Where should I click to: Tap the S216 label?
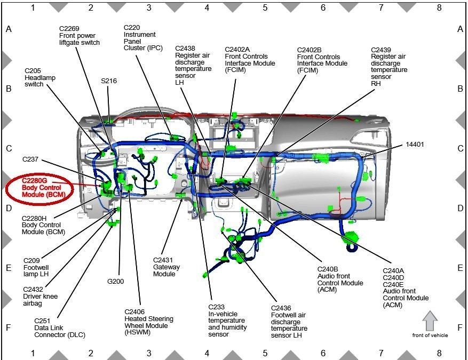(x=109, y=81)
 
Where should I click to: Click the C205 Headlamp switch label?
(x=40, y=77)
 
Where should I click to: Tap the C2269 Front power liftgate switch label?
(x=79, y=35)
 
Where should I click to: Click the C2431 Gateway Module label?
(x=166, y=267)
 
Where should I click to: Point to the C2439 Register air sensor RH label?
(x=389, y=67)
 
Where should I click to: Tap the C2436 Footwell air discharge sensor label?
(x=289, y=322)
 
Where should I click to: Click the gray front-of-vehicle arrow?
(x=430, y=321)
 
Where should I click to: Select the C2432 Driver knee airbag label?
(x=40, y=296)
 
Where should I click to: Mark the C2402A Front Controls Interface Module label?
(x=250, y=60)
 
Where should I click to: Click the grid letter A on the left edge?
(x=9, y=29)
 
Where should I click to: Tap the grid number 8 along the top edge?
(x=439, y=7)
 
